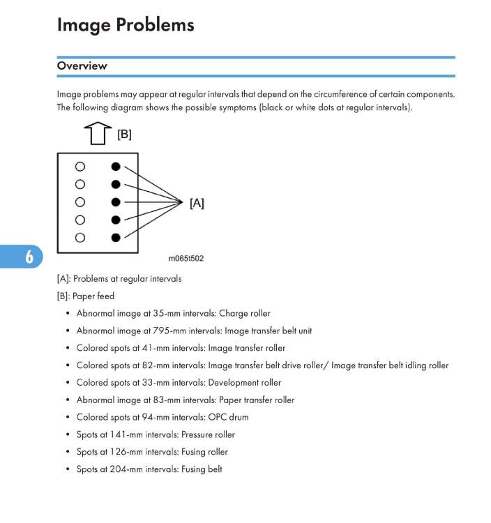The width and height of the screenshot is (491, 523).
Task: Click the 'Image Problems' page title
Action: (126, 25)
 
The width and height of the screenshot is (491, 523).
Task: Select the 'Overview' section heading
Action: (82, 66)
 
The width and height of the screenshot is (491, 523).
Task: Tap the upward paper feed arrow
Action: (98, 134)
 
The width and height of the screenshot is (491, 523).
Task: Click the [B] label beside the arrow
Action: (124, 134)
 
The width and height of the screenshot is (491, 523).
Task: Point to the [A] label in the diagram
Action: (197, 203)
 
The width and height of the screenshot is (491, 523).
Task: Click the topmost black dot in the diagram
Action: (116, 167)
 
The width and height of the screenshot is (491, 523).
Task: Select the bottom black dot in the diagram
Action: (116, 237)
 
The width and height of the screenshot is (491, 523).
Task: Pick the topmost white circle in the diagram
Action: (80, 167)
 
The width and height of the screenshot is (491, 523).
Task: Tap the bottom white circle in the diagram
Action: (80, 237)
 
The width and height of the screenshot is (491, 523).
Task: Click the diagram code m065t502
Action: (186, 258)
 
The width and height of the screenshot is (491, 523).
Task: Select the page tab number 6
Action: (29, 257)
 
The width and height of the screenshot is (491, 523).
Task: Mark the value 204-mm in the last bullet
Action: (123, 469)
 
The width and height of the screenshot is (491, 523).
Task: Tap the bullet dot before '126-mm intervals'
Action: (67, 453)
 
